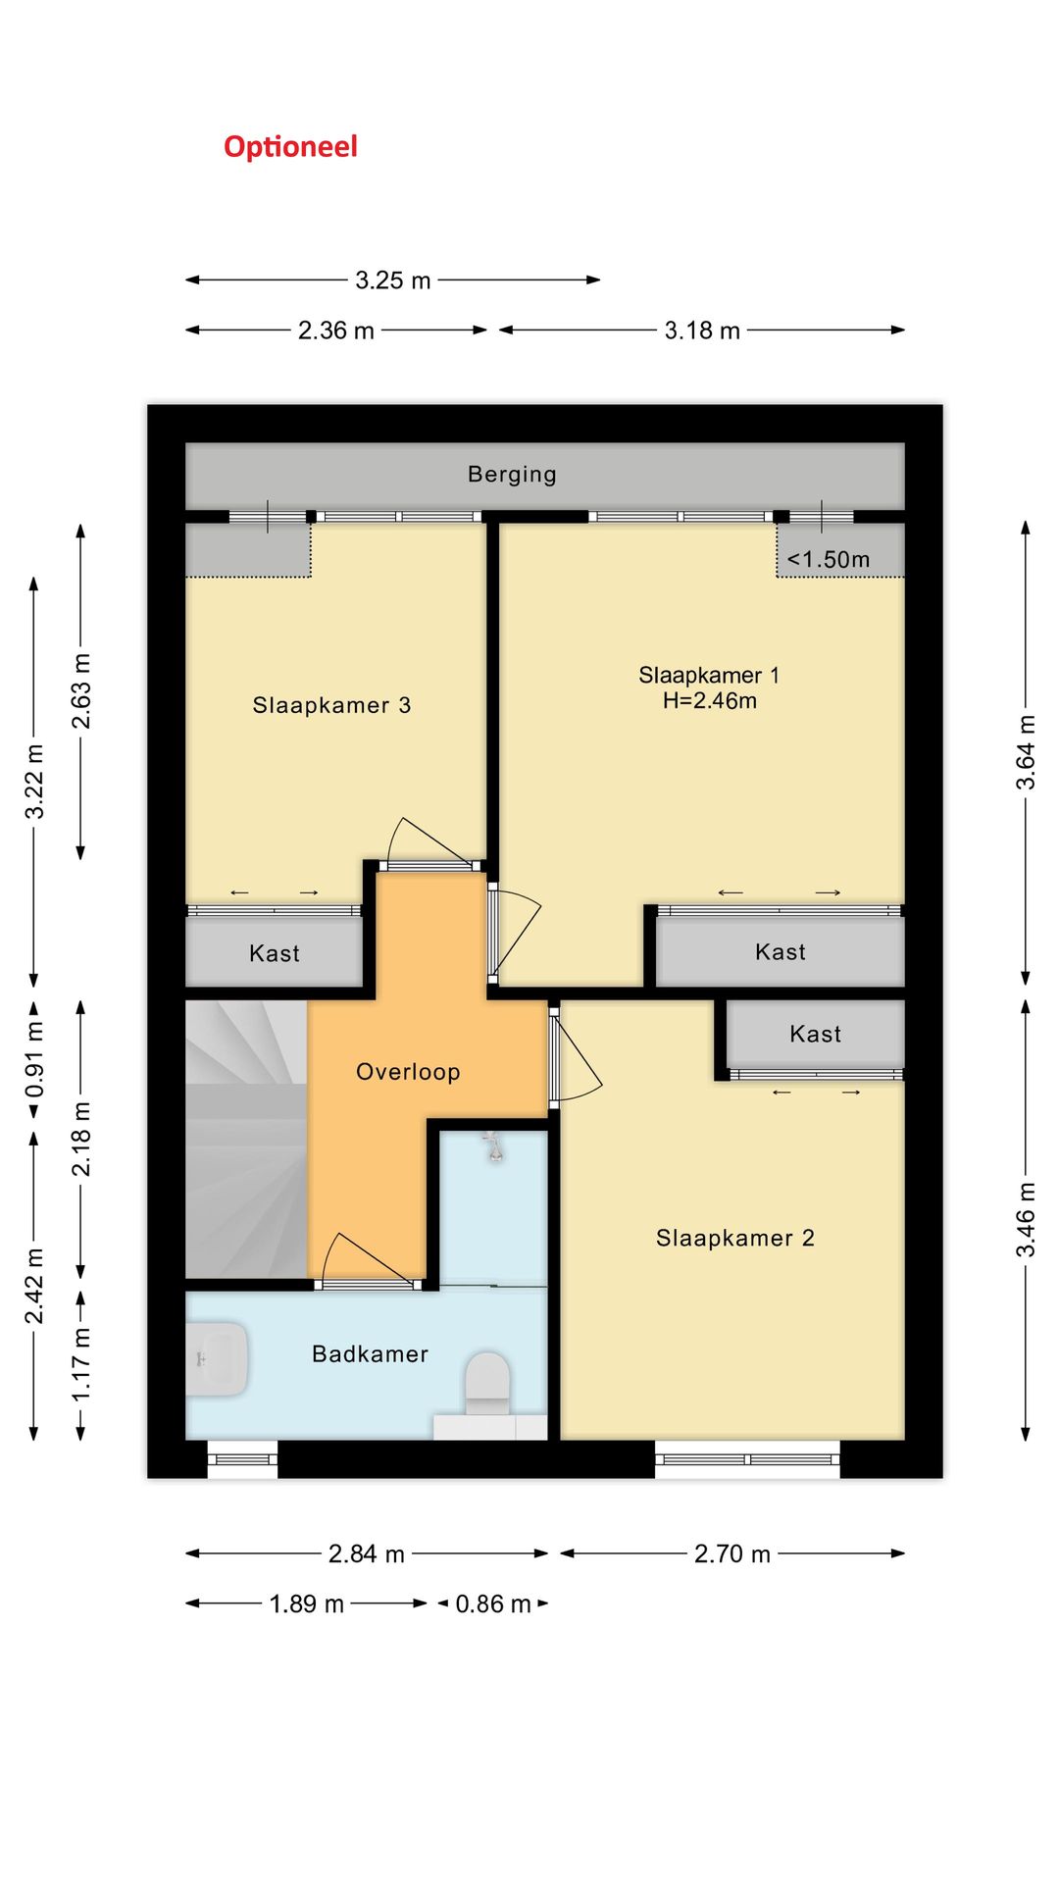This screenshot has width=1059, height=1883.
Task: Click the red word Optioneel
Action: click(290, 147)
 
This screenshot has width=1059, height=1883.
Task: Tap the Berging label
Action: click(512, 475)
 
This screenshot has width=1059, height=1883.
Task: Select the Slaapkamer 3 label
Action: click(331, 705)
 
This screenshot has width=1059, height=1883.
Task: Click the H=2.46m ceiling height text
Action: click(710, 700)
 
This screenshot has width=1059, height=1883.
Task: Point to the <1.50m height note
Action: click(829, 559)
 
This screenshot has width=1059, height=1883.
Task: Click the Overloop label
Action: click(408, 1072)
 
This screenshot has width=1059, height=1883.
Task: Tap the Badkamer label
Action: click(370, 1354)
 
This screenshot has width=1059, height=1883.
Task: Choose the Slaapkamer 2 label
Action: click(735, 1239)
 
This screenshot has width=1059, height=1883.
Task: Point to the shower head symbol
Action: click(493, 1146)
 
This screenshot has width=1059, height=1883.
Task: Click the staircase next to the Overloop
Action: click(246, 1139)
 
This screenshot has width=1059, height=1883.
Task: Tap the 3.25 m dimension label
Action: click(393, 280)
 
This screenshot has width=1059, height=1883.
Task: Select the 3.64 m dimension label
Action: click(1026, 752)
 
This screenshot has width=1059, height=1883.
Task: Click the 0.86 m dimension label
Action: click(493, 1604)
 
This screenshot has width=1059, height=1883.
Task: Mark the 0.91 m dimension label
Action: click(34, 1059)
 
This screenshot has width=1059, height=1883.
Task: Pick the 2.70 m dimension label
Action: click(732, 1554)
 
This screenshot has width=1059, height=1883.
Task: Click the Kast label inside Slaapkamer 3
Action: click(275, 953)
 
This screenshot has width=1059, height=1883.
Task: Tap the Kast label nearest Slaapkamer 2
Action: click(816, 1034)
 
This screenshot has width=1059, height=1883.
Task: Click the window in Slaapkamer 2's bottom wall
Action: click(747, 1459)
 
